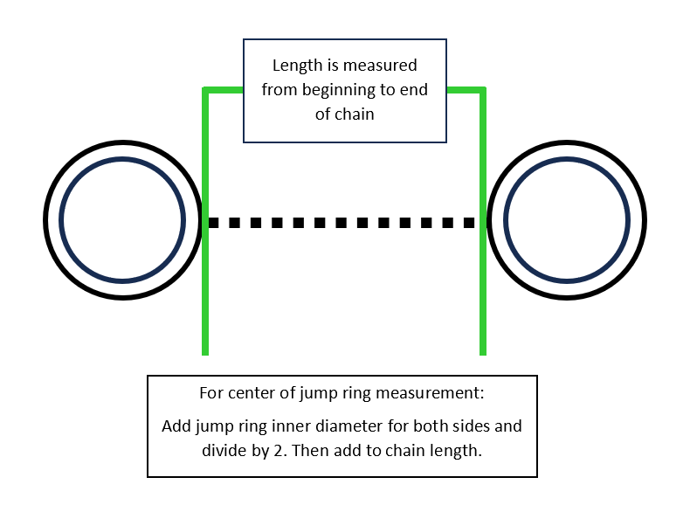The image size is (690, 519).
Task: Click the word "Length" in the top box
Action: click(x=295, y=66)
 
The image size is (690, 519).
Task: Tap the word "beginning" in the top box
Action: click(x=334, y=90)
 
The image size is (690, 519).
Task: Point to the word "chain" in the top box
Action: click(x=355, y=114)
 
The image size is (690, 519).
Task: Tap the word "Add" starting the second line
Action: click(x=176, y=426)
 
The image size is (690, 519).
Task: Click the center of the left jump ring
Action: click(x=123, y=220)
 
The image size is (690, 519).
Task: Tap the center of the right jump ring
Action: click(x=567, y=220)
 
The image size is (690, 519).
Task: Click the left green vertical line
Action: click(x=205, y=288)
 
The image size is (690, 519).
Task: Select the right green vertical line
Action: click(x=482, y=288)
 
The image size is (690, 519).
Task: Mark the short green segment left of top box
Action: click(x=224, y=90)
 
